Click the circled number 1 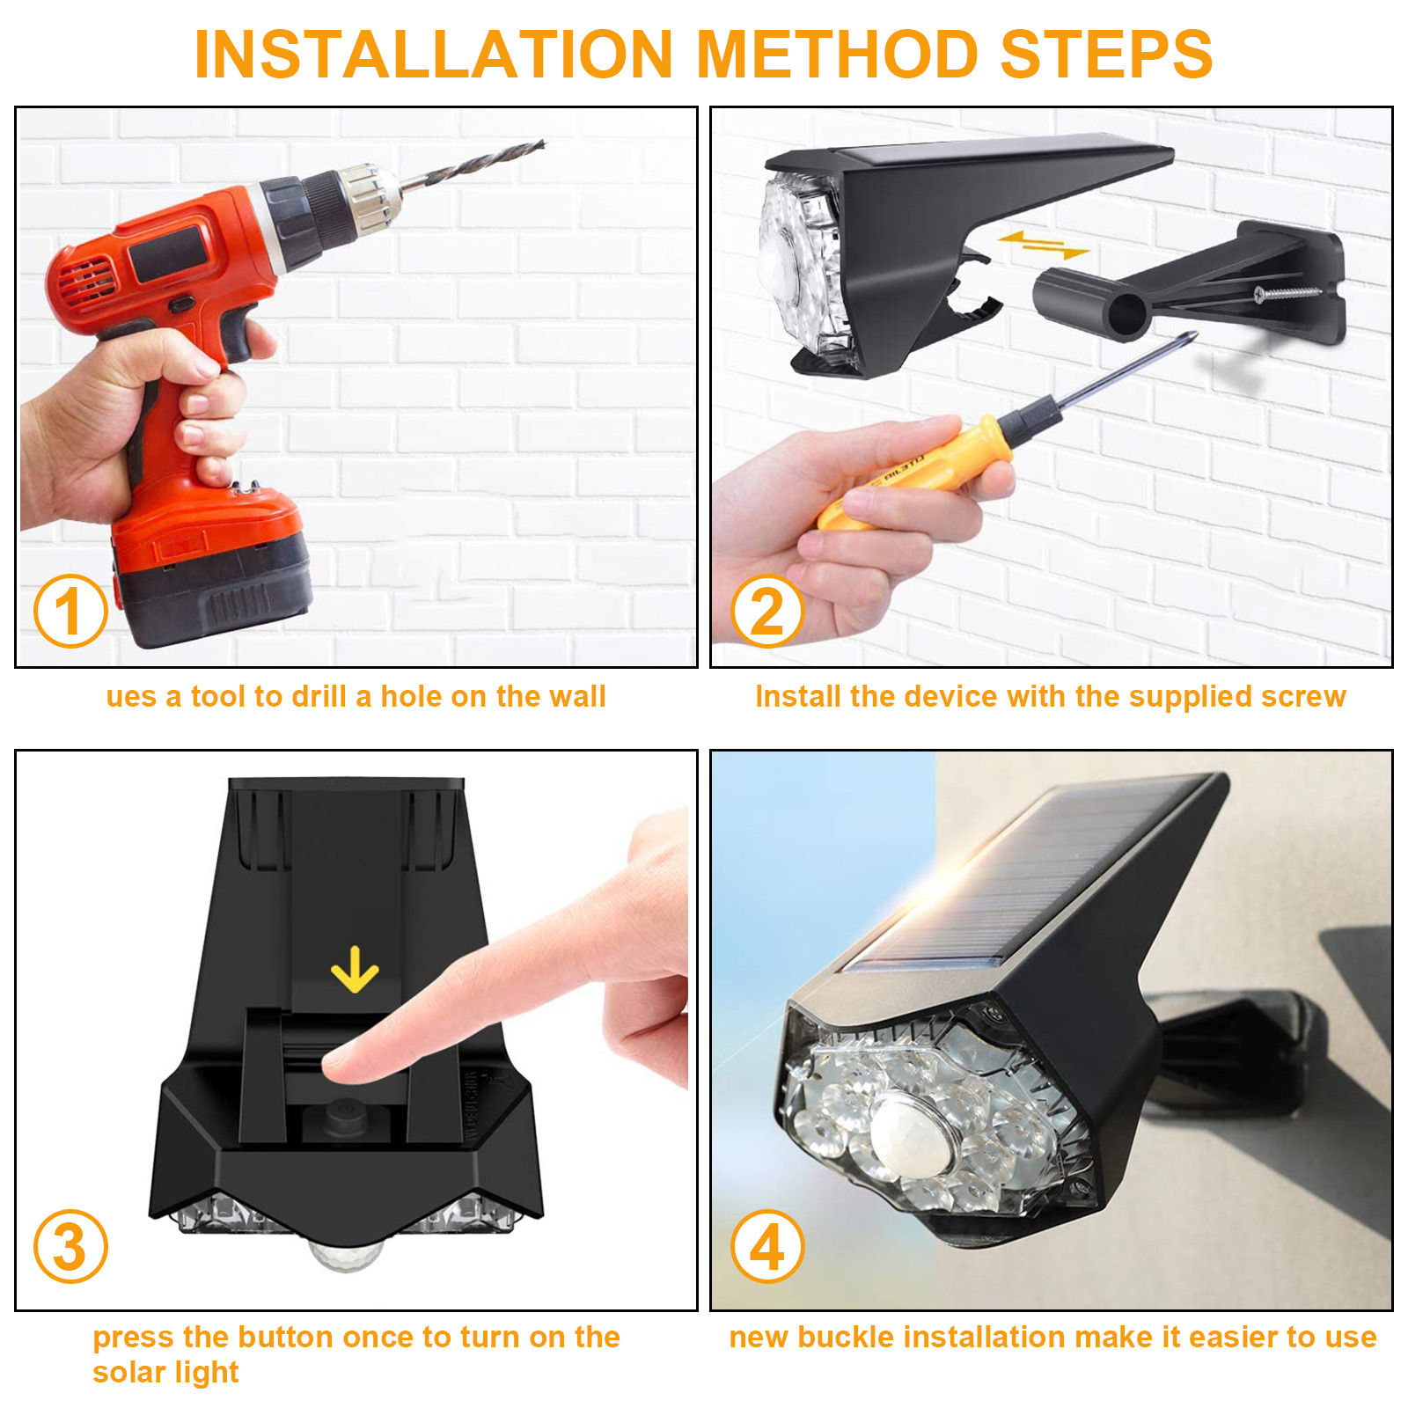(70, 611)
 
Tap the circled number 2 (767, 611)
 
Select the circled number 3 (70, 1246)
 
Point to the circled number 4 (767, 1246)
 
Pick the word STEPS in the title (1106, 55)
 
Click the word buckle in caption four (847, 1337)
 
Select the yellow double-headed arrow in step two (1045, 244)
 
